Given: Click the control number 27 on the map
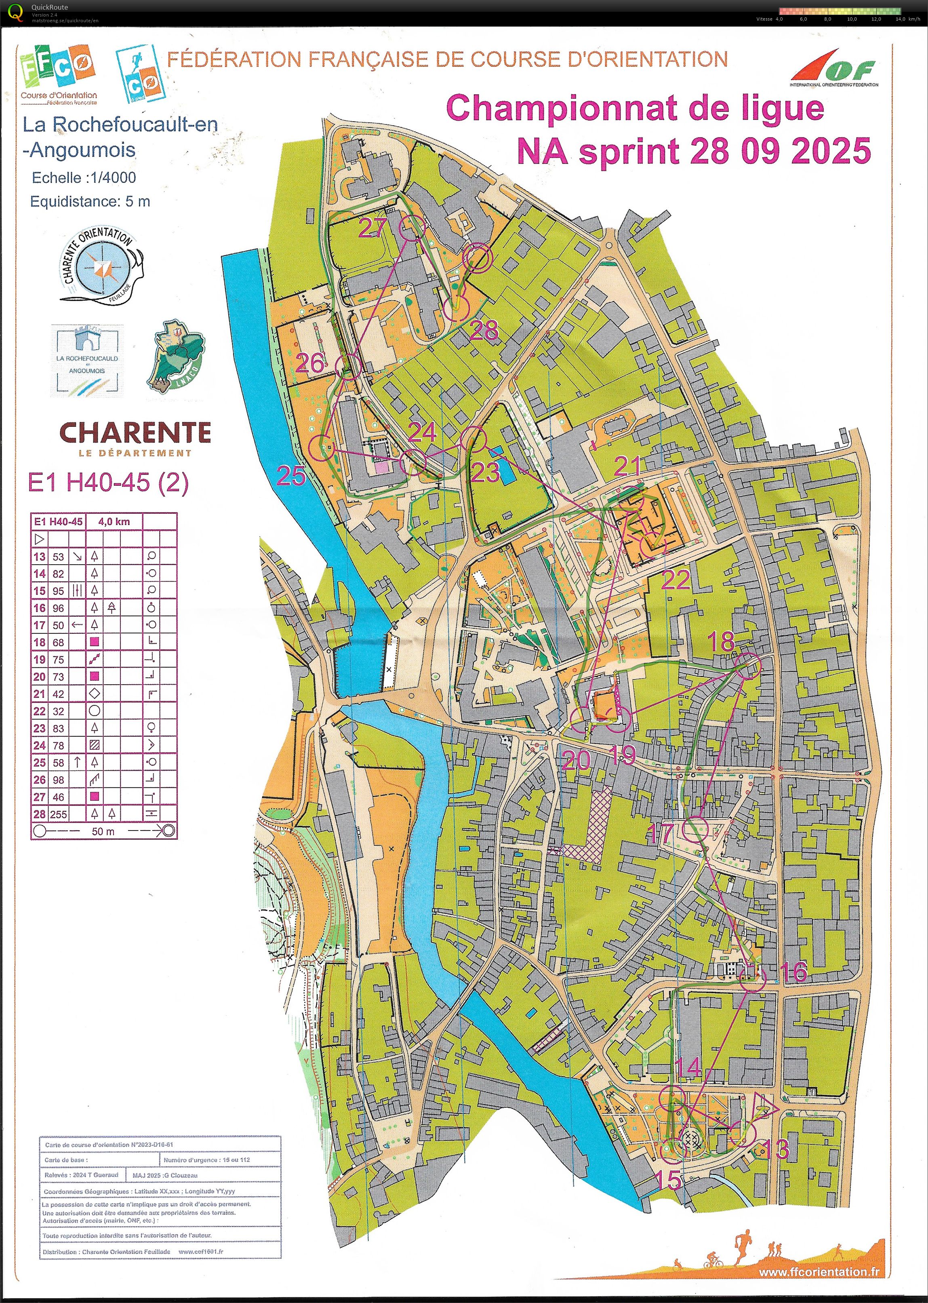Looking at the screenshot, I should point(372,228).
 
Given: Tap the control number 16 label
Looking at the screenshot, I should point(793,972).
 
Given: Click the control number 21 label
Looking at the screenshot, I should point(627,466).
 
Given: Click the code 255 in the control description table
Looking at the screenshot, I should point(58,814).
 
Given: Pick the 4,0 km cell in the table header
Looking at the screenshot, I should point(114,521).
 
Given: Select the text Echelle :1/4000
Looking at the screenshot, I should point(84,178).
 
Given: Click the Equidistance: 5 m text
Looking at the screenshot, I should point(90,202).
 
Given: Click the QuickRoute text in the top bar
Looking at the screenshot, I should point(50,7).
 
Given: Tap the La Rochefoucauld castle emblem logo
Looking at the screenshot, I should point(87,360).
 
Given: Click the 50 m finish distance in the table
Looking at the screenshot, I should point(103,831).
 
